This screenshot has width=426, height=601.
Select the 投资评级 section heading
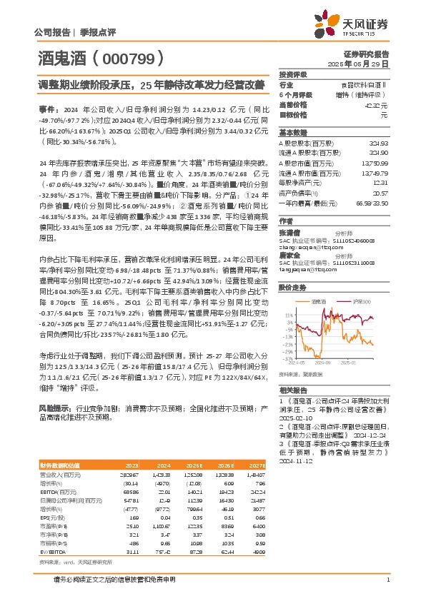(293, 74)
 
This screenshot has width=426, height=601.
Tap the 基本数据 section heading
(293, 133)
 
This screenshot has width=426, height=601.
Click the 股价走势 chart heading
(293, 288)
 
